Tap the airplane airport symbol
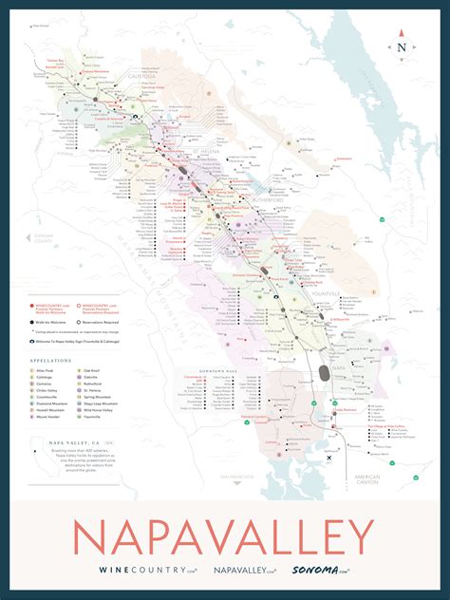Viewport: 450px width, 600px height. coord(328,458)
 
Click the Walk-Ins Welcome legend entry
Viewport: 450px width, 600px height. coord(54,323)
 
